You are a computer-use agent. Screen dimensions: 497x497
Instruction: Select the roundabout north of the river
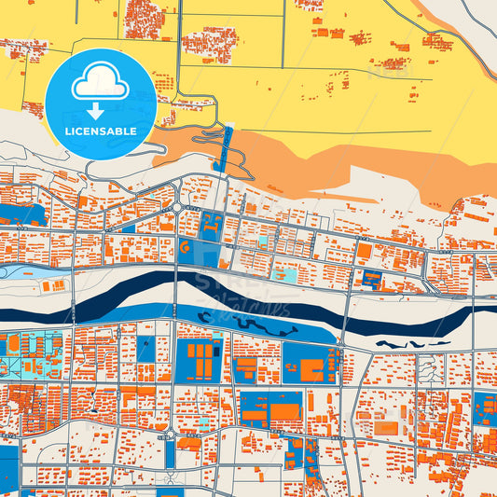176,208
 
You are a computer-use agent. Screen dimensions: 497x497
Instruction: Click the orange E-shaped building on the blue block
212,224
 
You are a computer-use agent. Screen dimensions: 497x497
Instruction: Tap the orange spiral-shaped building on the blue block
185,248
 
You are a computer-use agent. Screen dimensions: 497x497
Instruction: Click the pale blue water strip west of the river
28,272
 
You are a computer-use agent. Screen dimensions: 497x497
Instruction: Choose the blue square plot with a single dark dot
146,350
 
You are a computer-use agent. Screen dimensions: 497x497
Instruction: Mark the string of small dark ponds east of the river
410,344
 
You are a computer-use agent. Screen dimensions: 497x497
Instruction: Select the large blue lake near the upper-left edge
23,214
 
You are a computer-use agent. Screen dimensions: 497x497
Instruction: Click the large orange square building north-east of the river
363,251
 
